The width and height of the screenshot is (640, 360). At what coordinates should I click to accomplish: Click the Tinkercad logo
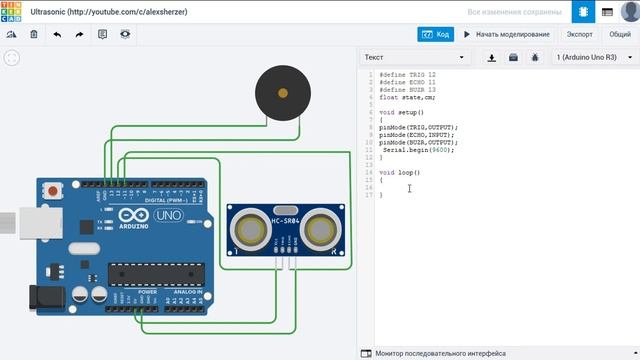tap(14, 11)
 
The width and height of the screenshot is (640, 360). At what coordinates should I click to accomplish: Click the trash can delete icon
tap(34, 34)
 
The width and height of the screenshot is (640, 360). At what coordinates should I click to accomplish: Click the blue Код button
tap(436, 34)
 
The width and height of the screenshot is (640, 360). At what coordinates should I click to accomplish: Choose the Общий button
tap(620, 34)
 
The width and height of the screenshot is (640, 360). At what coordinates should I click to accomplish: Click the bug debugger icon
tap(535, 58)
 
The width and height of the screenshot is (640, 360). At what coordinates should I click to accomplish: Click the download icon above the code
tap(492, 58)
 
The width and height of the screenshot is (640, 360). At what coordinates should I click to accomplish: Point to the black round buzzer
tap(281, 93)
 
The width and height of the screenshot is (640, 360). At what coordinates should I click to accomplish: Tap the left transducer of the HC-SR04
tap(248, 229)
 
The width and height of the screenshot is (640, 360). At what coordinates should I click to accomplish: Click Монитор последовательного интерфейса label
tap(440, 353)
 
